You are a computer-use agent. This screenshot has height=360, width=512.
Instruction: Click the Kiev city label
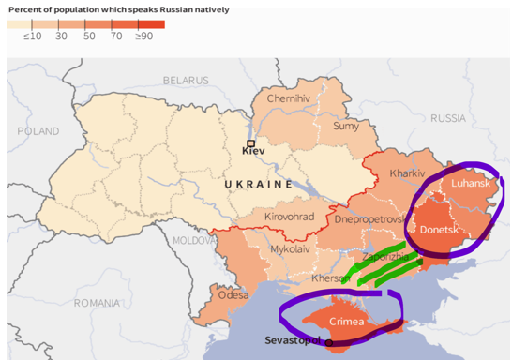tap(253, 150)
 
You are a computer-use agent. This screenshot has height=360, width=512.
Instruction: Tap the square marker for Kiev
tap(251, 142)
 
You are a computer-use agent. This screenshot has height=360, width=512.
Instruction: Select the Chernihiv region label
tap(288, 98)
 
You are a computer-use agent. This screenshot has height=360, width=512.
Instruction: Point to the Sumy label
tap(346, 126)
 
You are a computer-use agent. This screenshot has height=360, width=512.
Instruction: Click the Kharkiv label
tap(407, 173)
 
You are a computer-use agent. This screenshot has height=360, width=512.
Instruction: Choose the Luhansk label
tap(471, 184)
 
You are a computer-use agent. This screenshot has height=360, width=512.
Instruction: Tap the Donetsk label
tap(439, 228)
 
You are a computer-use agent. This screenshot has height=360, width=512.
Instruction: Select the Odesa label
tap(234, 294)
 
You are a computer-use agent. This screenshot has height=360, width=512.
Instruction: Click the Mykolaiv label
tap(290, 250)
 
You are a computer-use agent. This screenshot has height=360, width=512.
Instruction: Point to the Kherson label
tap(330, 278)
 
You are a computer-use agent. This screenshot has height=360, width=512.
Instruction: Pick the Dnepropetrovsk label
tap(370, 218)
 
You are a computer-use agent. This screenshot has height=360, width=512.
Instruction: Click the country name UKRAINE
tap(259, 185)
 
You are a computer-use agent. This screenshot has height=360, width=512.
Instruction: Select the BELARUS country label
tap(186, 81)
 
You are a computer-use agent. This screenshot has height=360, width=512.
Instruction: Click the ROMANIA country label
tap(98, 303)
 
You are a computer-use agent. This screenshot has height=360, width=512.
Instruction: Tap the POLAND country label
tap(37, 132)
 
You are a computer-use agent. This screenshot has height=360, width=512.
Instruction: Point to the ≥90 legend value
tap(143, 36)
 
